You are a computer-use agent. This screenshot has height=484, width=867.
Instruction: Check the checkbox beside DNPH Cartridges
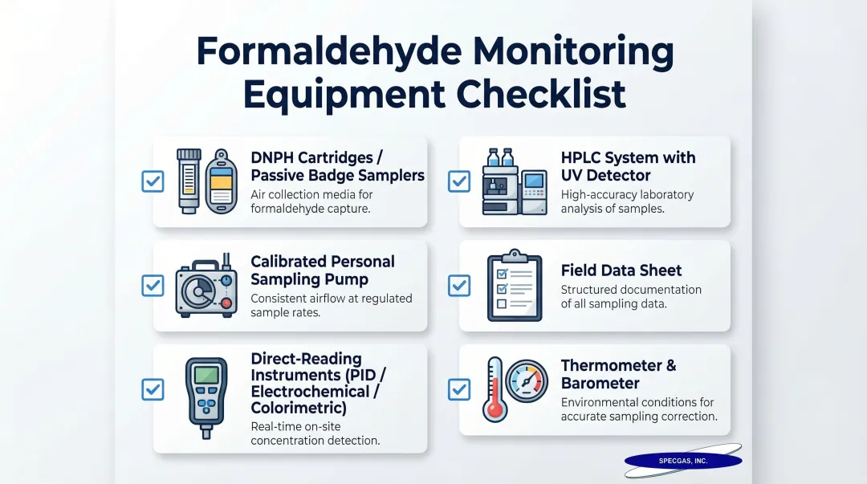[153, 181]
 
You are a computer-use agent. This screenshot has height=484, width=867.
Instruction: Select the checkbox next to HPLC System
[459, 181]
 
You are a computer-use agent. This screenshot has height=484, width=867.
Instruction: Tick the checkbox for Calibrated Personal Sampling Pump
[153, 285]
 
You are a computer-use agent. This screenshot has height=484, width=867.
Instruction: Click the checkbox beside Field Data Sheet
[459, 285]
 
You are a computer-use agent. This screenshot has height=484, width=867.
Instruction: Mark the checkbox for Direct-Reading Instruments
[153, 389]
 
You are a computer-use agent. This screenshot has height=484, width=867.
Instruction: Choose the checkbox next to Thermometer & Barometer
[459, 389]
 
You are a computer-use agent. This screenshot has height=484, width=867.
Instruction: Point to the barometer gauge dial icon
[527, 381]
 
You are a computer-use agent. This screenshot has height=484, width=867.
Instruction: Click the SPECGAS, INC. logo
[683, 461]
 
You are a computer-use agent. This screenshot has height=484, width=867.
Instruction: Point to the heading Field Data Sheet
[621, 270]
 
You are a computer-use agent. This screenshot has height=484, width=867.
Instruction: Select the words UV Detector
[605, 175]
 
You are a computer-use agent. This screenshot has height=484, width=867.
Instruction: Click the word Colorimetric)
[298, 409]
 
